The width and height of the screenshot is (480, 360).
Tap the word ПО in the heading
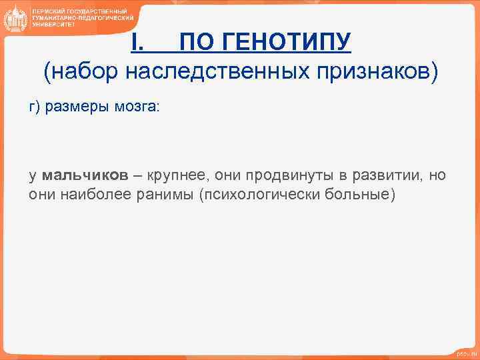[197, 43]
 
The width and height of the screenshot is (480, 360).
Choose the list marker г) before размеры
[34, 108]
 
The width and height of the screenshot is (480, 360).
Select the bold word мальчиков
[85, 175]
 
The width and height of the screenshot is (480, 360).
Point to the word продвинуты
[281, 175]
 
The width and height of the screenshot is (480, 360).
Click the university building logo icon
[15, 18]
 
